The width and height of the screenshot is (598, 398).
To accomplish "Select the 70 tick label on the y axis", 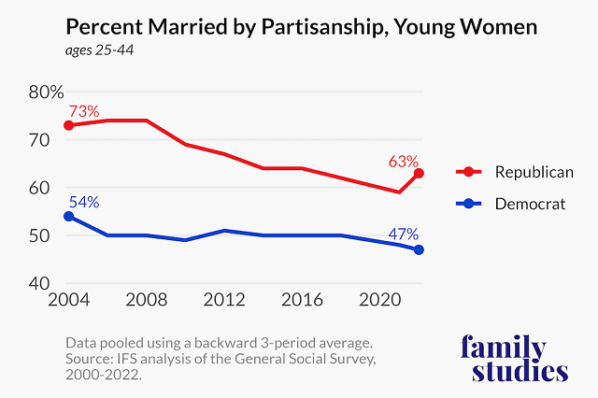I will tap(39, 140).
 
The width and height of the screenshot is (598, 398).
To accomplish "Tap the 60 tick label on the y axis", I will tap(39, 188).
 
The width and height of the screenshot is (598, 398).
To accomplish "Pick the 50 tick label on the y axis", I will tap(39, 236).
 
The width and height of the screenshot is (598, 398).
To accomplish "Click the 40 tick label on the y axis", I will tap(39, 284).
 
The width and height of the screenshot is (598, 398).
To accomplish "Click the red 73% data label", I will tap(82, 111).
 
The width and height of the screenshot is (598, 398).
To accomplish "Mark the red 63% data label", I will tap(404, 161).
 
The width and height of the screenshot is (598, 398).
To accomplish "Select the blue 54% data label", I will tap(83, 202).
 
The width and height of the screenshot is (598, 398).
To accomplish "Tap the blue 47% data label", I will tap(404, 234).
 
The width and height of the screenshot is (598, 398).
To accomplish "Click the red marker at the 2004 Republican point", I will tap(69, 125).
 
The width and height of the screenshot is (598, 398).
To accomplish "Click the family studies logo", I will tap(515, 359).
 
